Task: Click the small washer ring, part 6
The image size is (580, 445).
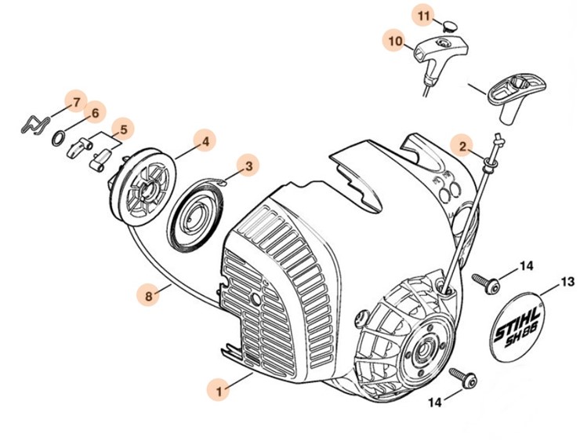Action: tap(59, 138)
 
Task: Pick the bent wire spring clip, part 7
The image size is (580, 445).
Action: tap(34, 123)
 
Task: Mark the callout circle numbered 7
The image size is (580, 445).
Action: tap(76, 103)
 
